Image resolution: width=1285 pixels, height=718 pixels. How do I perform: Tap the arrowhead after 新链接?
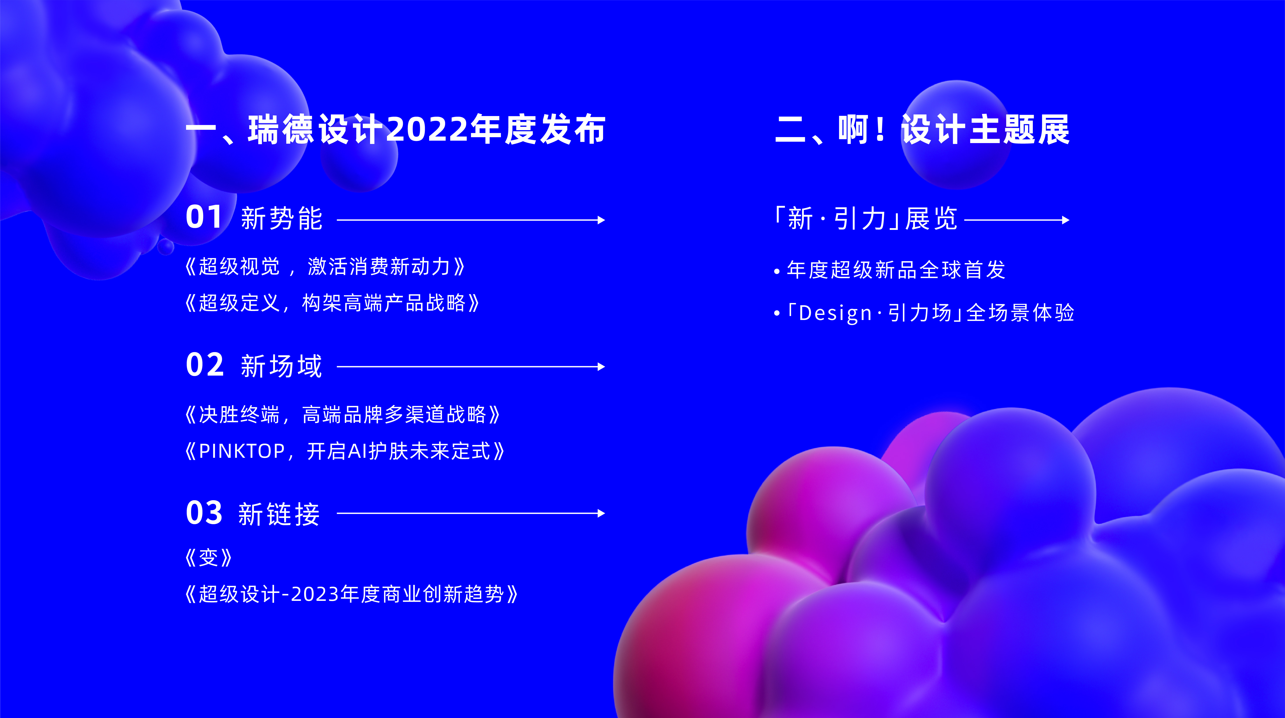pyautogui.click(x=601, y=513)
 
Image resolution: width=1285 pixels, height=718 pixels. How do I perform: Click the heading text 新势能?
pyautogui.click(x=282, y=219)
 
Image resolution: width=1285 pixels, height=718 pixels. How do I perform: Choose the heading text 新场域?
pyautogui.click(x=282, y=366)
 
